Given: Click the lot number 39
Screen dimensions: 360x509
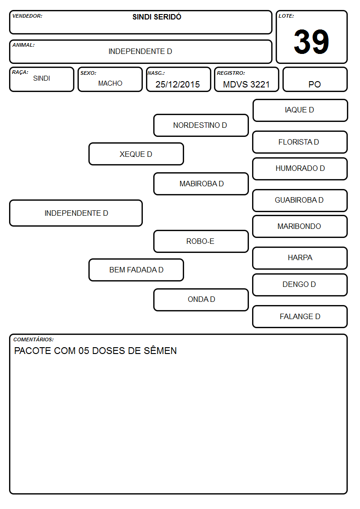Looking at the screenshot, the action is (x=311, y=42).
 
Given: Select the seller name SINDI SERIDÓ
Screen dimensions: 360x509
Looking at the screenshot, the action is (x=157, y=17).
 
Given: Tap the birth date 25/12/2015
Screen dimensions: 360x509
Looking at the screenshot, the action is (x=178, y=84).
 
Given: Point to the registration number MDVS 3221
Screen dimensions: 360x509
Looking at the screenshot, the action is (x=246, y=84).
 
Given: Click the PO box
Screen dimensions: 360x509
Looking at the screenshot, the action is (x=315, y=79).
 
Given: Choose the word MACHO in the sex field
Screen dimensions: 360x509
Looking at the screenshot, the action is (x=110, y=83).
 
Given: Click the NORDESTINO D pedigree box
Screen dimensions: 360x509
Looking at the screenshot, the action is (x=201, y=125).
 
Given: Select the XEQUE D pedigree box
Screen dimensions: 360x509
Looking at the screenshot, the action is (x=136, y=154).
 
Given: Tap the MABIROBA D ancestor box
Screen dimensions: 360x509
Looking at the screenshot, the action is (x=201, y=184).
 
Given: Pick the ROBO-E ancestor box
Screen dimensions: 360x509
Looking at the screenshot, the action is (x=201, y=241).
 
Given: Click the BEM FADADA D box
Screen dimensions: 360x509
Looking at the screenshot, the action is (x=136, y=270).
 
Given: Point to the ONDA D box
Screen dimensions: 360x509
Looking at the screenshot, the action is (x=201, y=300).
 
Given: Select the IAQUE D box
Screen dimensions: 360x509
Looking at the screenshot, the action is (x=300, y=111).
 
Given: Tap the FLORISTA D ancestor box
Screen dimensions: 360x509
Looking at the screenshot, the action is (x=300, y=142).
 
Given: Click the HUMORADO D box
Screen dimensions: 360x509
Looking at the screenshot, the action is (x=300, y=169).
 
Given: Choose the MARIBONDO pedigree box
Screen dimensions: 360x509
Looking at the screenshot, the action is (x=300, y=226).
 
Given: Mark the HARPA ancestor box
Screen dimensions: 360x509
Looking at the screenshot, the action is (x=300, y=258).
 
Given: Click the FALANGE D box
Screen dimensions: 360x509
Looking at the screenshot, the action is (x=300, y=316).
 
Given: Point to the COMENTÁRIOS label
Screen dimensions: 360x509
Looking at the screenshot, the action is (x=34, y=339).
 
